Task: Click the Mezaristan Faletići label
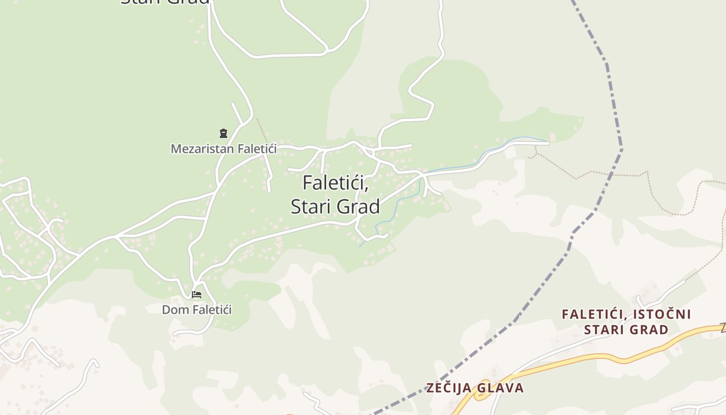point(224,149)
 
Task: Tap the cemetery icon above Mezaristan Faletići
point(224,133)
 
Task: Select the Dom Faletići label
point(197,310)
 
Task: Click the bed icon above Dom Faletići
point(197,295)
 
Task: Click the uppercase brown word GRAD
point(648,329)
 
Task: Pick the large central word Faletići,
point(335,183)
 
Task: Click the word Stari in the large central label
point(310,206)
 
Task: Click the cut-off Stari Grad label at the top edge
point(165,2)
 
